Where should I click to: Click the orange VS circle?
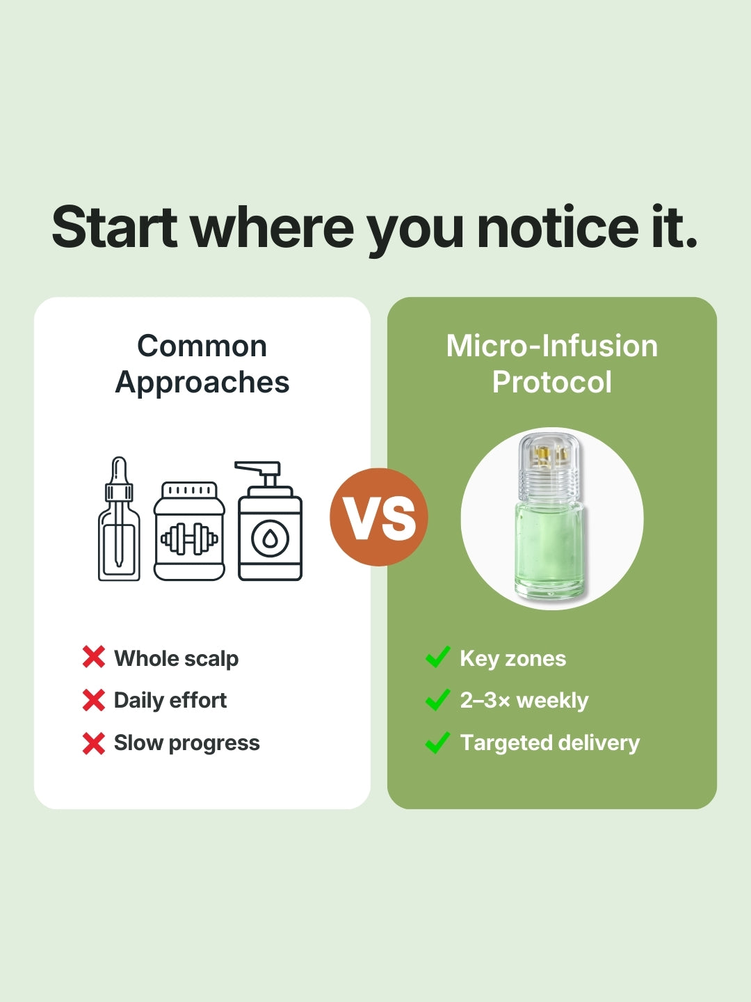click(x=378, y=517)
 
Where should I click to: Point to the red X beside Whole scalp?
click(x=93, y=658)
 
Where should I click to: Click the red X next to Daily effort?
click(x=93, y=700)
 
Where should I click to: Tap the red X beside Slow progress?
click(x=93, y=743)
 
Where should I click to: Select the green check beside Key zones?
click(x=437, y=657)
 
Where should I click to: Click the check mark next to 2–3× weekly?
click(x=437, y=699)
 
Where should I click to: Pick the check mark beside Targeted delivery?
click(x=437, y=742)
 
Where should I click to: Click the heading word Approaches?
click(x=202, y=383)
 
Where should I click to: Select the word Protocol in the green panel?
click(x=552, y=382)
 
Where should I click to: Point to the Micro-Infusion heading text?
click(x=552, y=346)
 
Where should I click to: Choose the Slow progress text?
click(x=186, y=743)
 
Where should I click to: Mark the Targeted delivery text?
click(x=549, y=742)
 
